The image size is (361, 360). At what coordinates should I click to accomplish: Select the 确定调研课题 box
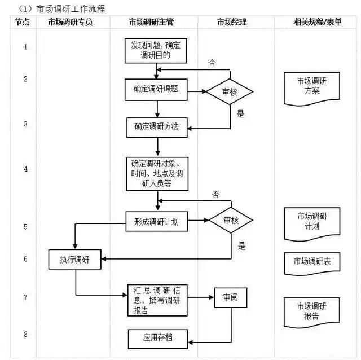pyautogui.click(x=156, y=89)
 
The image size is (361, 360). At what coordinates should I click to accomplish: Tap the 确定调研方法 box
pyautogui.click(x=156, y=126)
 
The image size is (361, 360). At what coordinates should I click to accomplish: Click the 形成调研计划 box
pyautogui.click(x=156, y=222)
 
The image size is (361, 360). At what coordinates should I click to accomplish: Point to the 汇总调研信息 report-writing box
pyautogui.click(x=156, y=301)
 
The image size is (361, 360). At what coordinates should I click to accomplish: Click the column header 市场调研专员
pyautogui.click(x=70, y=22)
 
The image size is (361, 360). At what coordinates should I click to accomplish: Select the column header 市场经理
pyautogui.click(x=232, y=22)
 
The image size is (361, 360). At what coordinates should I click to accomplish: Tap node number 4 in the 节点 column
pyautogui.click(x=25, y=168)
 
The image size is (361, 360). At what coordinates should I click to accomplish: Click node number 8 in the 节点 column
pyautogui.click(x=25, y=334)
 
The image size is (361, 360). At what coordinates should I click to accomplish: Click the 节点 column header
pyautogui.click(x=23, y=22)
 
